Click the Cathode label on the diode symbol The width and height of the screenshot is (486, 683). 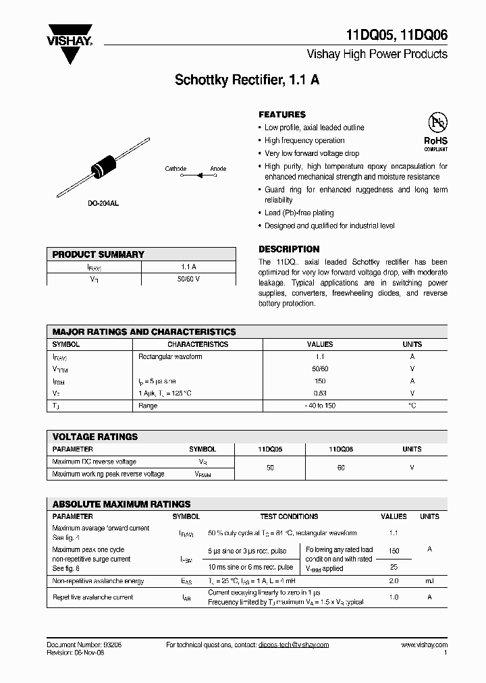175,169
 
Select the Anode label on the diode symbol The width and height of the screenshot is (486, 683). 218,169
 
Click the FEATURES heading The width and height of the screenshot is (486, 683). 282,115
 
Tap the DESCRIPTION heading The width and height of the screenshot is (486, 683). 289,249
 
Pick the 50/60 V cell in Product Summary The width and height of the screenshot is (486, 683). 188,279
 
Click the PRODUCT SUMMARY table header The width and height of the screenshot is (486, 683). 99,254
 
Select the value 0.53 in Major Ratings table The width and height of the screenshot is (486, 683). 320,393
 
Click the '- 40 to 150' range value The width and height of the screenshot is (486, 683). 320,406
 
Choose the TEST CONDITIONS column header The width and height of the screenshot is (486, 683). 289,516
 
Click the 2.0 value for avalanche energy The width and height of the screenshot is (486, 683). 394,581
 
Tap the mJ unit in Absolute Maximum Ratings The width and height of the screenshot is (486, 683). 429,581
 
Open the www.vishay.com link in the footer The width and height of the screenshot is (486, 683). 424,645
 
